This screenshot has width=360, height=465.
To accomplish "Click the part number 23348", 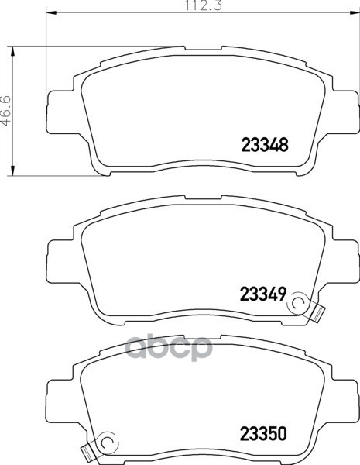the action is click(265, 145).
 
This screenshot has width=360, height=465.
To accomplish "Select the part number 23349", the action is click(263, 294).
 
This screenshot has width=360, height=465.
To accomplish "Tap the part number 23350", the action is click(263, 433).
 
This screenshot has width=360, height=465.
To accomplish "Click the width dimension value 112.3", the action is click(204, 5).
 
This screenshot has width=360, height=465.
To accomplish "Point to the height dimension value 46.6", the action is click(5, 110).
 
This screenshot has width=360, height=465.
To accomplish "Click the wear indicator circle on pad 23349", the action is click(297, 303).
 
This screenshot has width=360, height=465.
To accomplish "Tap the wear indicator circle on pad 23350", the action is click(108, 443).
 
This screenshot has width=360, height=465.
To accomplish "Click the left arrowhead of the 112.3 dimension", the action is click(51, 12).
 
